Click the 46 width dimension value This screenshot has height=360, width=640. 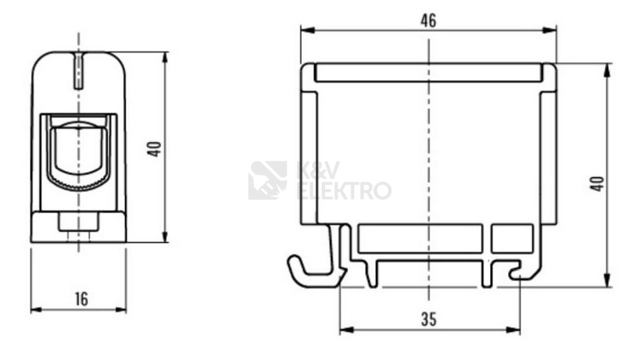coord(428,20)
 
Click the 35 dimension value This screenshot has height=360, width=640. coord(428,319)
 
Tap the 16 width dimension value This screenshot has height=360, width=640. coord(81,299)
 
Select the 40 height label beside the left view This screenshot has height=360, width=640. coord(154,149)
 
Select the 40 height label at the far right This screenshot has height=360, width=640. coord(597,184)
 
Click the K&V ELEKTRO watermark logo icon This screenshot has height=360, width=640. coord(268,180)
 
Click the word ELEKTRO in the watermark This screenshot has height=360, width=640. coord(345,191)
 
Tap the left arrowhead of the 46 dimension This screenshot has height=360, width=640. coord(307,30)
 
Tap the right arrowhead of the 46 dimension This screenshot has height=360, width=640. coord(550,30)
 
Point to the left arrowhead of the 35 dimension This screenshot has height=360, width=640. coord(347,330)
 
